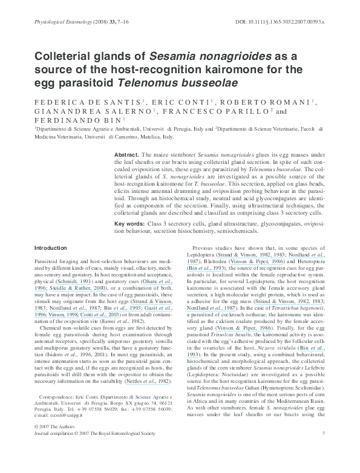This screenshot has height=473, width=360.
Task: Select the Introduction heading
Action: pyautogui.click(x=51, y=248)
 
